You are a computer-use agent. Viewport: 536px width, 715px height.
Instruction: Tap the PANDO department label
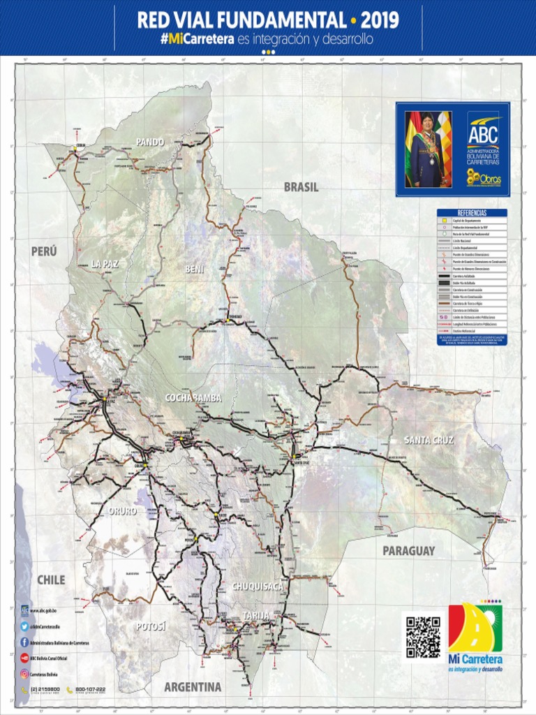pos(150,142)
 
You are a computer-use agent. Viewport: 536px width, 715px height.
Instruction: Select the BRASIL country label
pos(301,187)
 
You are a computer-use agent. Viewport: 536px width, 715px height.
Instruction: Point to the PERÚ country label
pos(43,251)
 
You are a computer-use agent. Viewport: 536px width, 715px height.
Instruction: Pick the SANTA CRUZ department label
pos(429,440)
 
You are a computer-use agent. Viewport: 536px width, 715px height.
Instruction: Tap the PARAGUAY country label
pos(408,550)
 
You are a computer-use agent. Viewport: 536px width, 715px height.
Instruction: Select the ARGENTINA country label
pos(193,686)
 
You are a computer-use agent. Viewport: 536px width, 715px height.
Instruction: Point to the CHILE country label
pos(51,580)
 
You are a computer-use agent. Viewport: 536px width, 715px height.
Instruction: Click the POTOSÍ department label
pos(151,626)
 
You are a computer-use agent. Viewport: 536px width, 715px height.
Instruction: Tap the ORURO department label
pos(123,511)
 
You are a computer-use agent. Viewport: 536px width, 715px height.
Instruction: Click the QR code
pos(423,636)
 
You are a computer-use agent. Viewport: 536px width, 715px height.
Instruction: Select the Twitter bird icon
pos(24,626)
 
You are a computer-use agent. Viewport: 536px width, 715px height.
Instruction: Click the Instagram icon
pos(24,674)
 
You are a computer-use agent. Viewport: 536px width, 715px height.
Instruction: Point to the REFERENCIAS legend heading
pos(472,212)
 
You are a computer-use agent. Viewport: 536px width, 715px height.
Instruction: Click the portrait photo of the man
pos(428,149)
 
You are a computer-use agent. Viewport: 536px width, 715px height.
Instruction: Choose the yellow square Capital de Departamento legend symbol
pos(442,220)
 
